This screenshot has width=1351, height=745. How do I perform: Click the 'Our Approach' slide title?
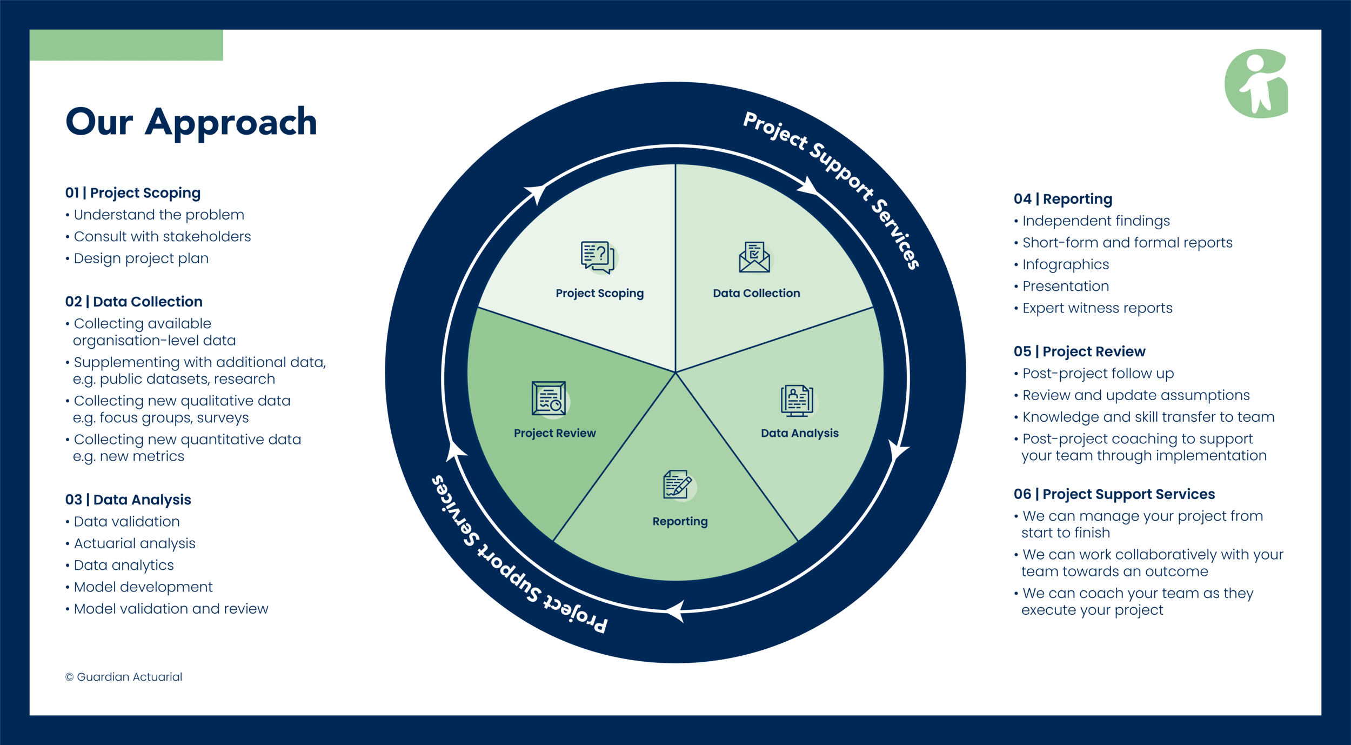click(191, 122)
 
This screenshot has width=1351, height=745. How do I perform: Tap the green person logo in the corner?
click(1256, 84)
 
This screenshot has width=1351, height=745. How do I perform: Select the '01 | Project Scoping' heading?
click(133, 193)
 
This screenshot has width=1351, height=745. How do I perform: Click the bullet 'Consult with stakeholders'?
click(162, 237)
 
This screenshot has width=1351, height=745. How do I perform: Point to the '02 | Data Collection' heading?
click(134, 302)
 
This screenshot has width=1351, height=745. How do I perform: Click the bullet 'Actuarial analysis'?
click(135, 543)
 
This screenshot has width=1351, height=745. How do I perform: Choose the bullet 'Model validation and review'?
click(171, 609)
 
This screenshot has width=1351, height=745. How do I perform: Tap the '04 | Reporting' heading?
click(1063, 199)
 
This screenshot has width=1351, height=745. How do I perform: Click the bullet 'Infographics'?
click(1065, 264)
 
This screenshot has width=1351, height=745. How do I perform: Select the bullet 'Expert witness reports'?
click(1097, 308)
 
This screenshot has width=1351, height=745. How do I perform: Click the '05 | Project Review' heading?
click(1079, 351)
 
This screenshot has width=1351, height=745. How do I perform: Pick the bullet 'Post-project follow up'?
click(1098, 374)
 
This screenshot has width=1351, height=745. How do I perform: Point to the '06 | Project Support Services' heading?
click(1114, 494)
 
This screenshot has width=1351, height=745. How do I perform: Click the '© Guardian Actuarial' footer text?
click(124, 677)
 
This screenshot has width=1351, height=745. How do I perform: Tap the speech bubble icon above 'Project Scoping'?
click(598, 257)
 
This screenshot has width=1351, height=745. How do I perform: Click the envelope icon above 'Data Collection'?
click(754, 257)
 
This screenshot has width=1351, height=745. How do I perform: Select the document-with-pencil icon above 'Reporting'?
click(677, 484)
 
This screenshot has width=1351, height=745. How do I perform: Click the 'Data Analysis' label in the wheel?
click(799, 433)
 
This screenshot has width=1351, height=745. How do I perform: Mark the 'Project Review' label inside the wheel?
click(554, 433)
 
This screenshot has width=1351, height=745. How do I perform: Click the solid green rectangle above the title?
click(126, 45)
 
